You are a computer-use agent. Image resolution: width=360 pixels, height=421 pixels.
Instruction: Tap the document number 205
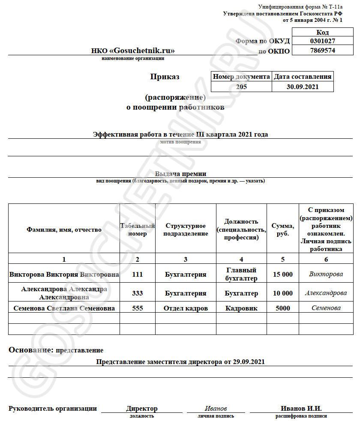point(242,87)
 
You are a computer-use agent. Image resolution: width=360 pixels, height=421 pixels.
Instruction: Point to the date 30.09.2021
point(303,87)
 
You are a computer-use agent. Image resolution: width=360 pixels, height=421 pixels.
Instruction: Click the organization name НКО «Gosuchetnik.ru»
point(133,51)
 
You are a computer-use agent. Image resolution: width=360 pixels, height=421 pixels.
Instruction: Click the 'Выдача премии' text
point(180,174)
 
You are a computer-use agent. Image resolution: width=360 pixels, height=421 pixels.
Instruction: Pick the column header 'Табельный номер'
point(137,230)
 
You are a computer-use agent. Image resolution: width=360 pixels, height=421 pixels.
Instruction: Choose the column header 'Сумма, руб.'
point(282,230)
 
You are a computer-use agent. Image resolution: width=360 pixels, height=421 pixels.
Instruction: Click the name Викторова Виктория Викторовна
point(64,275)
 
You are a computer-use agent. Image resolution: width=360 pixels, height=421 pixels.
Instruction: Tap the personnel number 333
point(137,293)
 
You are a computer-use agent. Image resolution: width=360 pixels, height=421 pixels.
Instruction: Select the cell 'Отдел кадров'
point(186,308)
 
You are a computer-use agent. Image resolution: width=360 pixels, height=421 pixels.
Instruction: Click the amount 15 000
point(282,275)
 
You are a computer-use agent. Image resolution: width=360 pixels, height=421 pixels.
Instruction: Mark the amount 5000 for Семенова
point(282,308)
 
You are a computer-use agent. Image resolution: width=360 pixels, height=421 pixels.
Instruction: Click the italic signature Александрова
point(326,293)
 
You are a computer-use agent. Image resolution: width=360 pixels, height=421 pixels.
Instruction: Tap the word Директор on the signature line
point(141,409)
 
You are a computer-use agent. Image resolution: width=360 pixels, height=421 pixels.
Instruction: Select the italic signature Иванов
point(216,409)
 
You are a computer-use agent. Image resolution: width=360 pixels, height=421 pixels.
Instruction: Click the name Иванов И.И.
point(301,409)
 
